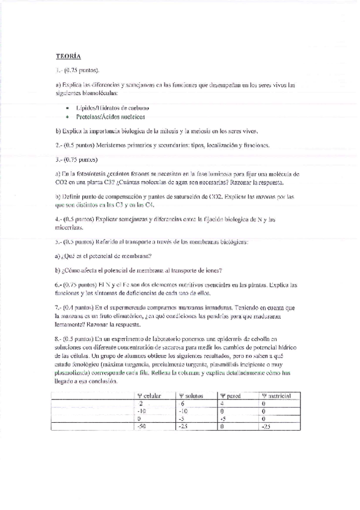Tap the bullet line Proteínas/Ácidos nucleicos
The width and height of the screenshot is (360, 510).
point(110,117)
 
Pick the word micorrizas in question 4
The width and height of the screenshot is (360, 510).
point(72,228)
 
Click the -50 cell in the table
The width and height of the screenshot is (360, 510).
point(142,426)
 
